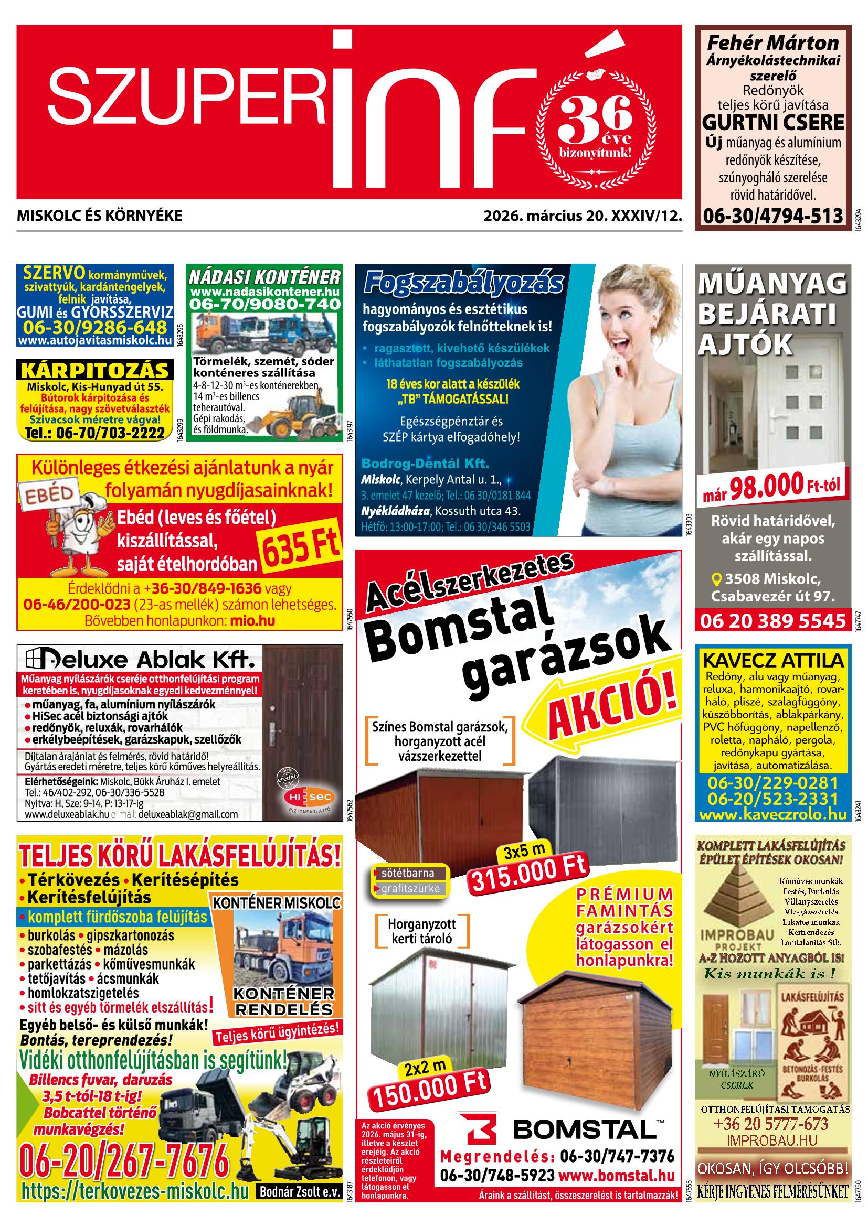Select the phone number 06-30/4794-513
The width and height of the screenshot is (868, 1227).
pos(772,216)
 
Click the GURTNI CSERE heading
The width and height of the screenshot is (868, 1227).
pos(773,122)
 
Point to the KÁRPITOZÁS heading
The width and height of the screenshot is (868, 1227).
pos(94,370)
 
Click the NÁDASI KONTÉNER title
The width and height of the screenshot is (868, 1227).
pos(264,277)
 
